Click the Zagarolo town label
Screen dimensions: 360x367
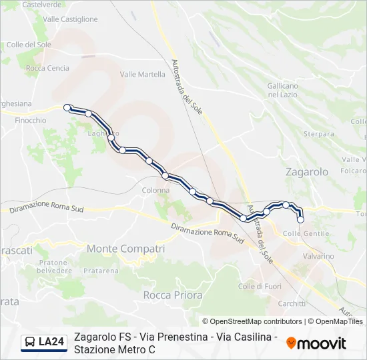pos(306,171)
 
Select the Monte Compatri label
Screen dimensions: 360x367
pos(125,249)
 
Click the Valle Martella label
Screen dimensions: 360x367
pos(142,75)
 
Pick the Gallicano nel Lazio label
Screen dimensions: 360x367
pos(282,91)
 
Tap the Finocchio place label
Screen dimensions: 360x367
pos(31,121)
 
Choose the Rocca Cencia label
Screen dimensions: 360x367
pos(47,68)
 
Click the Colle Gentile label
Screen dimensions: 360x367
pos(306,233)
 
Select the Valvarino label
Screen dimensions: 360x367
pos(318,256)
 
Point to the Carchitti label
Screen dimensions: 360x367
pos(292,303)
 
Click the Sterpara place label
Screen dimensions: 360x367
pos(318,134)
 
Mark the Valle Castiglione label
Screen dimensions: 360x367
pos(70,19)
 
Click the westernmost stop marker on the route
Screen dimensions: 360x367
pos(67,107)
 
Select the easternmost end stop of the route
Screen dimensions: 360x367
pos(300,219)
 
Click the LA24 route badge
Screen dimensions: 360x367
pos(51,342)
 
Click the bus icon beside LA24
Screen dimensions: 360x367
pos(30,343)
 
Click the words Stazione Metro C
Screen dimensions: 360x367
pos(115,349)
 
